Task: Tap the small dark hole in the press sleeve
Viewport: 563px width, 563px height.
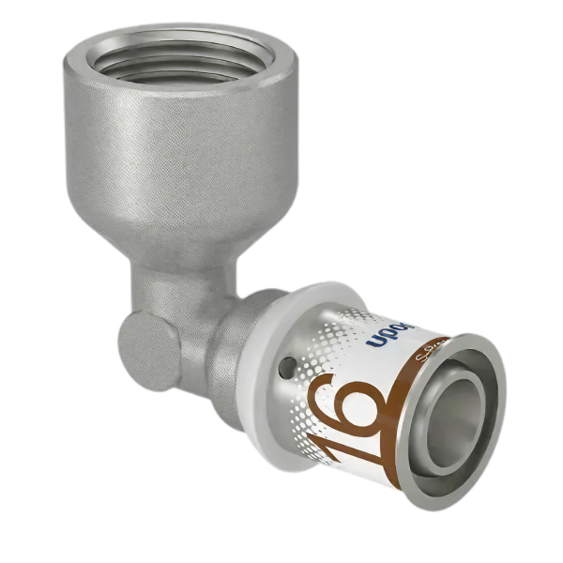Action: click(289, 360)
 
